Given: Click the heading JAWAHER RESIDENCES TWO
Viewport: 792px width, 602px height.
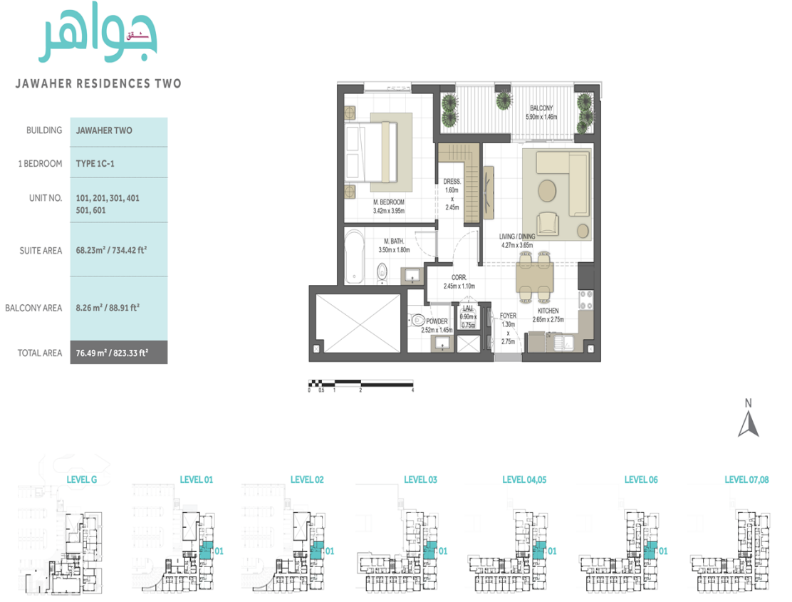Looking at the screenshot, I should click(98, 83).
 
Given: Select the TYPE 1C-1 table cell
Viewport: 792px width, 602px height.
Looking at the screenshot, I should click(95, 163).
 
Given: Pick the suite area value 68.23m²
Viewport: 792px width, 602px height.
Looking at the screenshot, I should click(111, 250).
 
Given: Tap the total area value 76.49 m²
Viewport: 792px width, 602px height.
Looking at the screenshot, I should click(111, 353).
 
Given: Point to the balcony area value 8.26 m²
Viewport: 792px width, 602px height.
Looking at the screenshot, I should click(108, 308).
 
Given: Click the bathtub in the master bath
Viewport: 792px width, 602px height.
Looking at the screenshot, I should click(353, 256).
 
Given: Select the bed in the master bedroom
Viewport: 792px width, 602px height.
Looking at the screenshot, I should click(371, 152).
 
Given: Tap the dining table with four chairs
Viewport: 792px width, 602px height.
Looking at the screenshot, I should click(533, 276).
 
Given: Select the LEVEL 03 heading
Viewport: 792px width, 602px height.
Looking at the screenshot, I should click(420, 479).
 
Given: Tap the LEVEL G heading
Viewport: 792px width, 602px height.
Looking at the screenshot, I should click(81, 479).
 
